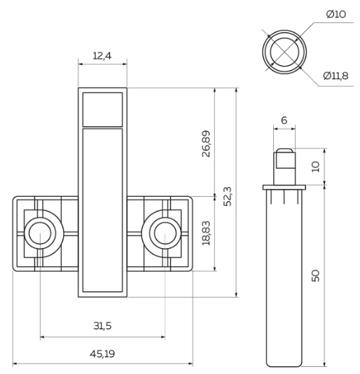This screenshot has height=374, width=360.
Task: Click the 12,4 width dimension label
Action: coord(103,55)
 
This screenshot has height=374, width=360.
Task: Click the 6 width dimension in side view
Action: coord(284,120)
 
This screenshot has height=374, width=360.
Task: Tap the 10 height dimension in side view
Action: coord(315,167)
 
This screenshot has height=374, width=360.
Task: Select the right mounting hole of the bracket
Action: coord(165,233)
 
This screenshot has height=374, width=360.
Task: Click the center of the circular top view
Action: coord(284,50)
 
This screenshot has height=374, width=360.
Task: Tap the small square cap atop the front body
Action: coord(102,109)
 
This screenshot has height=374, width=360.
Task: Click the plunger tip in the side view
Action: coord(284,159)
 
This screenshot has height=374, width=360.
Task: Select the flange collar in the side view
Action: coord(284,188)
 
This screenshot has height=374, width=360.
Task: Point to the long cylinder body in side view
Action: coord(284,280)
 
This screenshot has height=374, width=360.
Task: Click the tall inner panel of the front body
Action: coord(102,210)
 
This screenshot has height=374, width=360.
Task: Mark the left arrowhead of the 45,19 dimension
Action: coord(15,363)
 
